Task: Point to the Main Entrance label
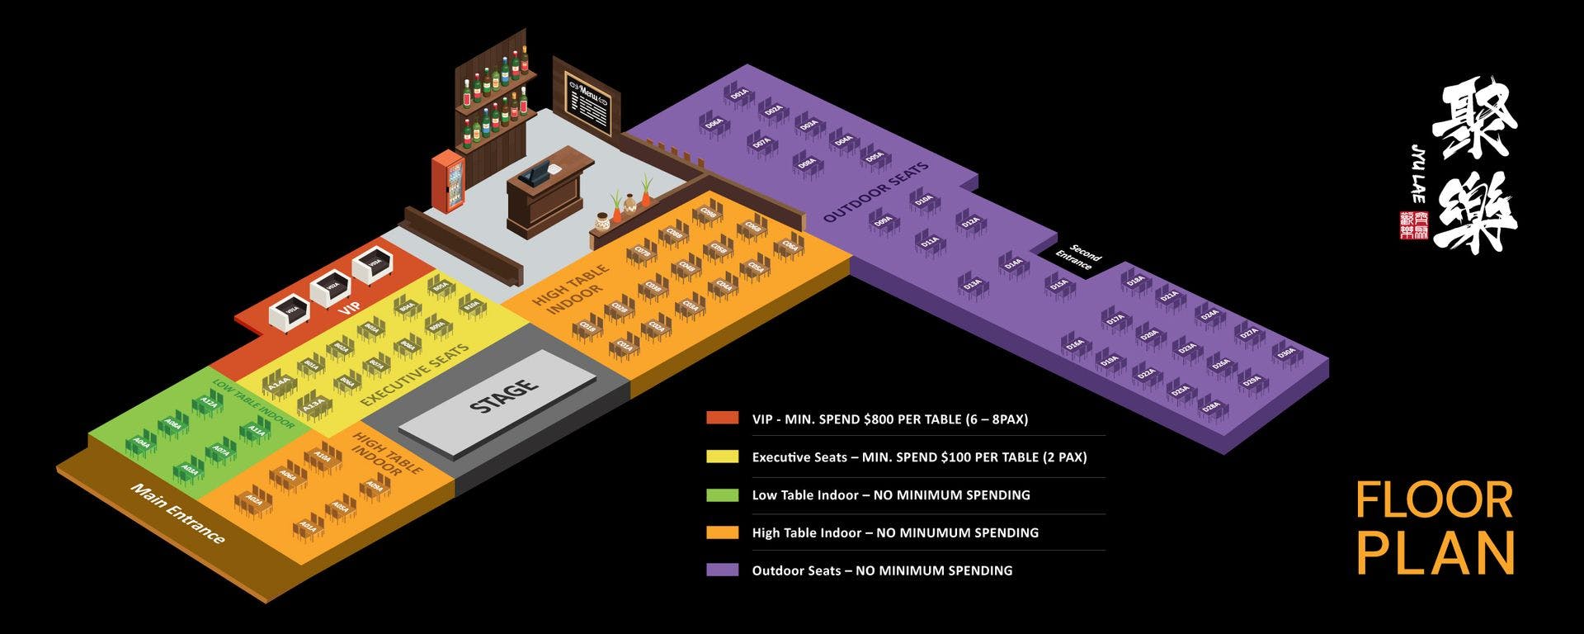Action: [x=177, y=513]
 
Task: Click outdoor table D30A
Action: [x=1285, y=352]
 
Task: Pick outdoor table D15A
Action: [x=1058, y=284]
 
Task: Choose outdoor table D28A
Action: [x=1210, y=407]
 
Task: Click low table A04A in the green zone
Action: [x=143, y=444]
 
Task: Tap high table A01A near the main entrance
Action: [x=306, y=526]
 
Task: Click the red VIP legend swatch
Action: [x=722, y=419]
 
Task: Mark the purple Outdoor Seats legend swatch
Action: [x=722, y=570]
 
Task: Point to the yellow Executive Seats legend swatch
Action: [x=722, y=457]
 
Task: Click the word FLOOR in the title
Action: [x=1434, y=501]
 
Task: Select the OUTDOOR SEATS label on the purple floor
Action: [x=875, y=192]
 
